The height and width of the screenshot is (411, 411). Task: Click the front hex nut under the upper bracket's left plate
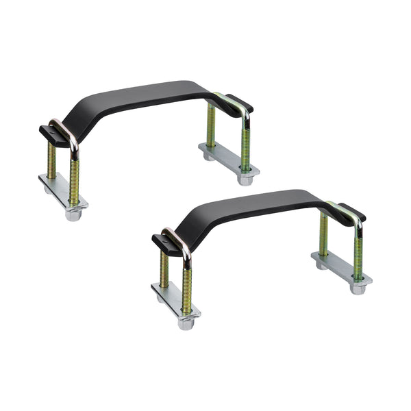73,214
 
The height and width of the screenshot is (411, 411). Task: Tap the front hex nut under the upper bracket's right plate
245,179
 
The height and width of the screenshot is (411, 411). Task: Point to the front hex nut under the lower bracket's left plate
186,323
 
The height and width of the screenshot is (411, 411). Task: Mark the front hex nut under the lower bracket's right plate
357,288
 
